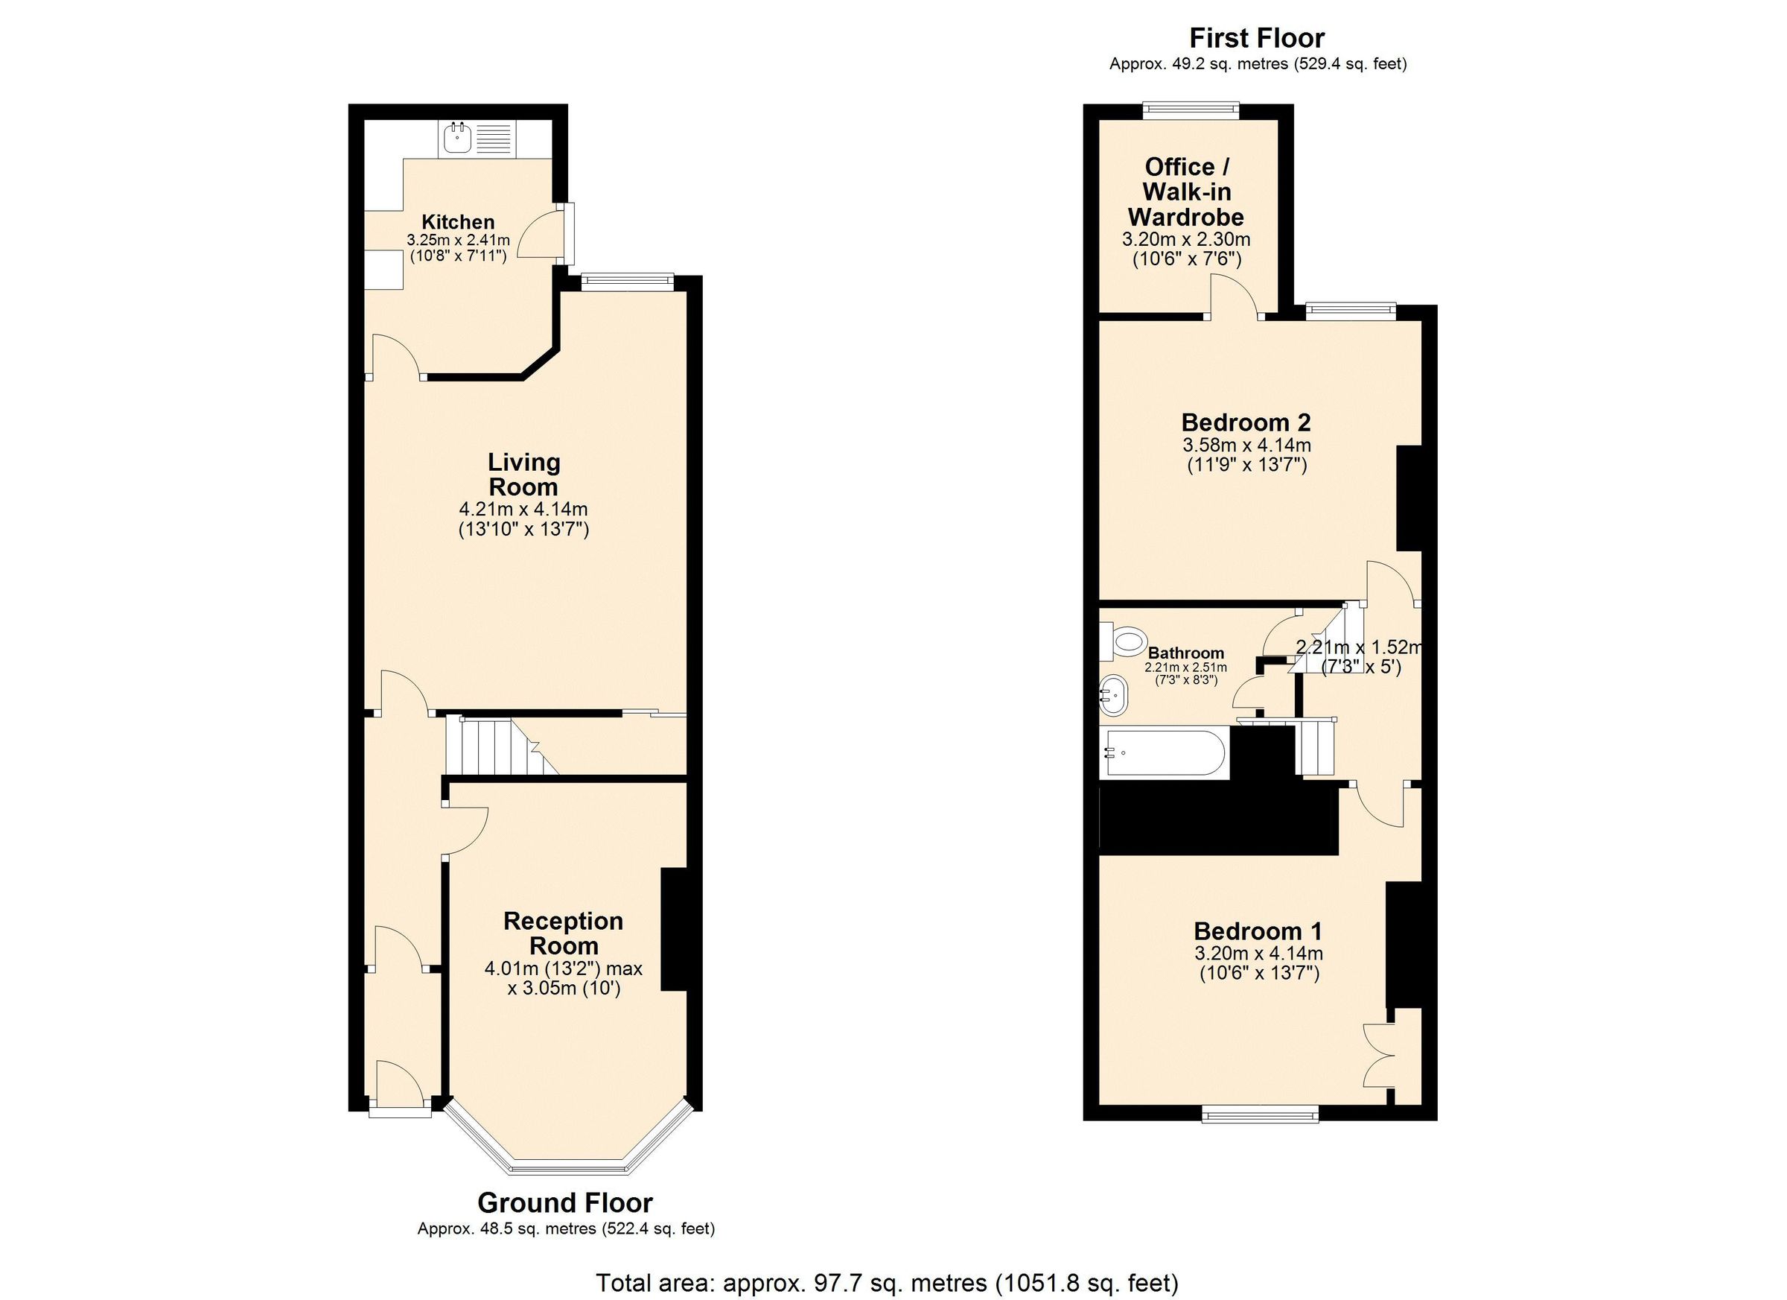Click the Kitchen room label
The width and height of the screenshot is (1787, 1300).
458,222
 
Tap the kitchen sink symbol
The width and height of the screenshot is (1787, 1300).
457,139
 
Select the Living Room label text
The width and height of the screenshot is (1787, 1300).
523,474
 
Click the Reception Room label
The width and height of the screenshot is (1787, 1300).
563,933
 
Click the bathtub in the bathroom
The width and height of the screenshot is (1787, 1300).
1165,753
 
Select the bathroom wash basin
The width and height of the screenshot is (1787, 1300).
1114,694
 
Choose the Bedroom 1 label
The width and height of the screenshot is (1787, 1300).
1258,931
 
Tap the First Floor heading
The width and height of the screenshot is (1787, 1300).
1257,38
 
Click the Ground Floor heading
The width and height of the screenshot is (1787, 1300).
565,1203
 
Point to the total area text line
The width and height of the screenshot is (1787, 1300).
888,1283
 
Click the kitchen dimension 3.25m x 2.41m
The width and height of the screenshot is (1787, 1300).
458,240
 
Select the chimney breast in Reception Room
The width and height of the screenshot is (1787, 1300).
675,930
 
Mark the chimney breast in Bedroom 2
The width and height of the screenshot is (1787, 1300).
1409,498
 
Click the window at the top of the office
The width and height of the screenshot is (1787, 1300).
1191,110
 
